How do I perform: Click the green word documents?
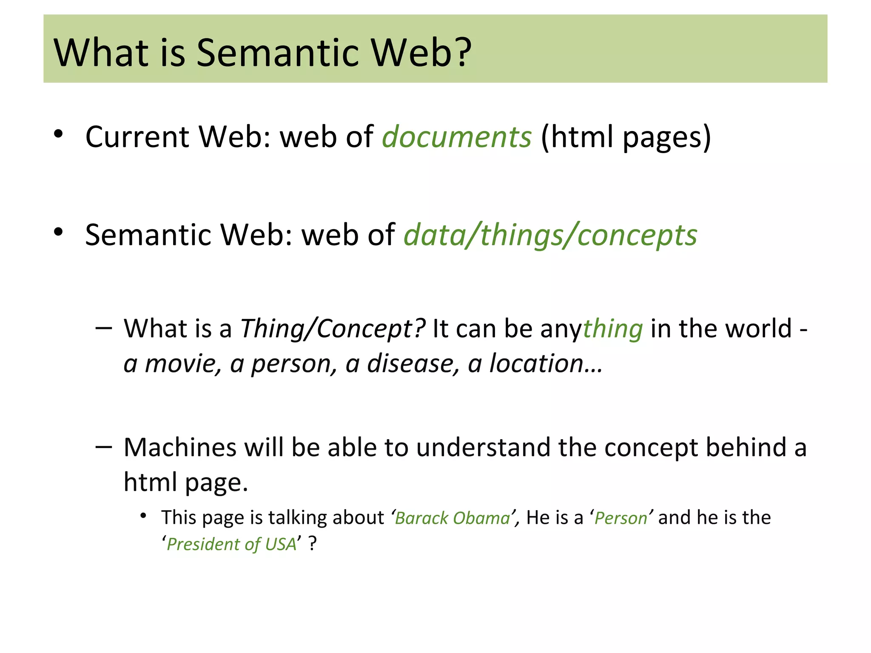click(x=456, y=137)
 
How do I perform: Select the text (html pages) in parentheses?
click(x=626, y=137)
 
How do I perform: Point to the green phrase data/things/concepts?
click(x=550, y=235)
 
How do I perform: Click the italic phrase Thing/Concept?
click(x=332, y=329)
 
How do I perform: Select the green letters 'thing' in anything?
click(x=612, y=329)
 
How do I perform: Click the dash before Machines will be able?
click(x=104, y=447)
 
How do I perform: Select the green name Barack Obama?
click(x=452, y=518)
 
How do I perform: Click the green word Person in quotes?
click(x=621, y=518)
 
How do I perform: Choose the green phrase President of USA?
click(x=231, y=545)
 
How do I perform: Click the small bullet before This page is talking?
click(x=143, y=516)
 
